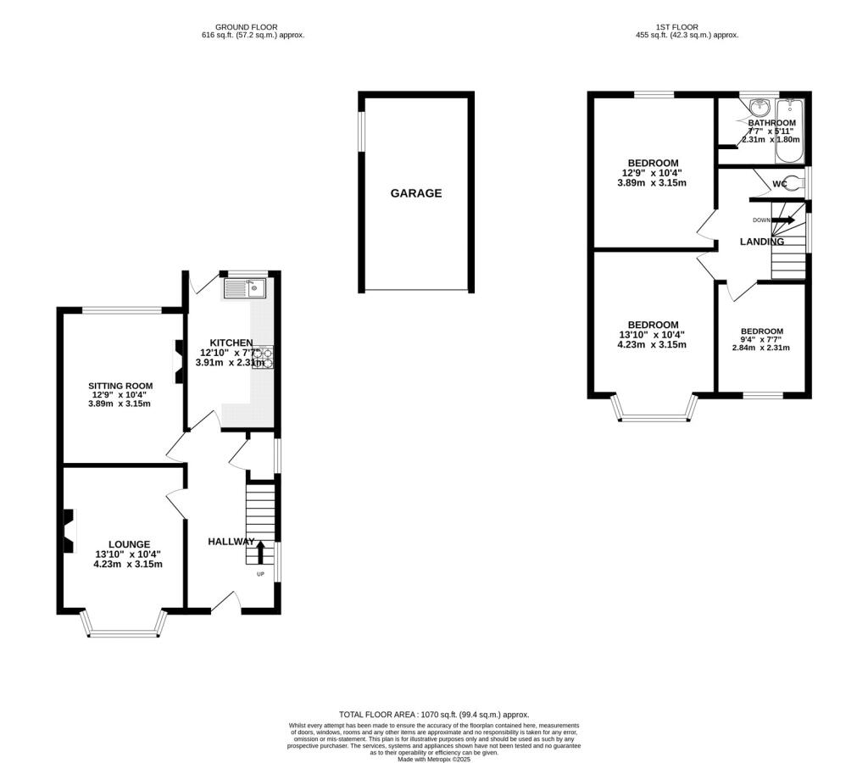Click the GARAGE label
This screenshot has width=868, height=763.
[x=415, y=193]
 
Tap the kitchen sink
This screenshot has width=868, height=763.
[x=244, y=289]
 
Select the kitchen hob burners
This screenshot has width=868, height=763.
[x=261, y=358]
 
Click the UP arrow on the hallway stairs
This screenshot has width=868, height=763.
[x=259, y=552]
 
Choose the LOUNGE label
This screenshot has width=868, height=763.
[x=129, y=544]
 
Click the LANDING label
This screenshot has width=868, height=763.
[x=761, y=242]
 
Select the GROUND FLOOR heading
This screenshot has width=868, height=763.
[x=246, y=27]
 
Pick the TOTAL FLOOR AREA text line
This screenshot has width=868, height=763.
[x=433, y=715]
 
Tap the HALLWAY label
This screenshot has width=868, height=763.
[x=231, y=542]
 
